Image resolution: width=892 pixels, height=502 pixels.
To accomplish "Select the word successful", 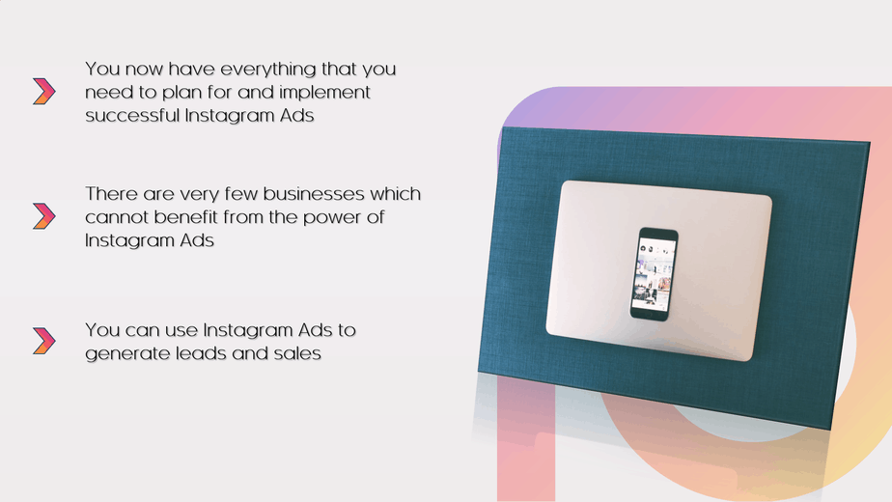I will point(132,116).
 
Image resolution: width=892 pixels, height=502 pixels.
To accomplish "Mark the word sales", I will point(296,353).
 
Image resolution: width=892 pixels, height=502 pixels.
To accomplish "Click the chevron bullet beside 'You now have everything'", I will point(43,91).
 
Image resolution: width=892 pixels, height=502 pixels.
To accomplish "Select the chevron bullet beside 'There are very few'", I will point(43,215).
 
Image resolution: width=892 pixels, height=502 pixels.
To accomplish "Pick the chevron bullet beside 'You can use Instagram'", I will point(43,340).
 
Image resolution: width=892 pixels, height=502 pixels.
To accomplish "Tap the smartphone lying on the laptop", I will point(654,273).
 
